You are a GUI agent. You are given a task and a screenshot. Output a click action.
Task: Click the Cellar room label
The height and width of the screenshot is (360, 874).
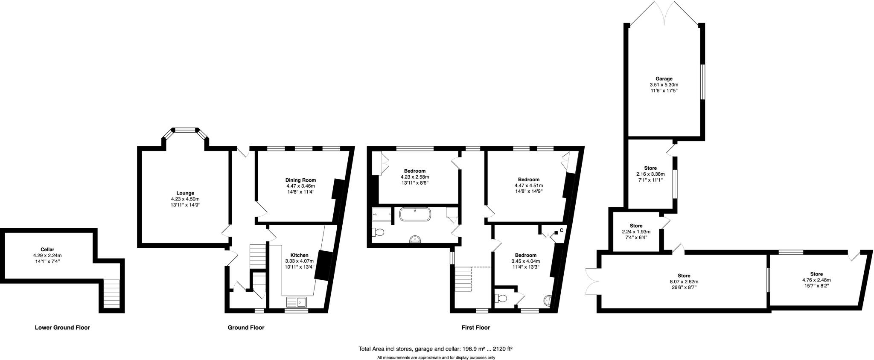click(x=47, y=249)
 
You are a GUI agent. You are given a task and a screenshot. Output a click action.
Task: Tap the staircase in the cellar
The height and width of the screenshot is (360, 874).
click(x=112, y=294)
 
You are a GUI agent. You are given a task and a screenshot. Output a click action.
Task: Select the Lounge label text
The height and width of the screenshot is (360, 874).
click(x=185, y=193)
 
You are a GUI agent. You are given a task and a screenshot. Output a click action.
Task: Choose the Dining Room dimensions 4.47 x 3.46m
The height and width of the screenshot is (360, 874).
click(x=300, y=186)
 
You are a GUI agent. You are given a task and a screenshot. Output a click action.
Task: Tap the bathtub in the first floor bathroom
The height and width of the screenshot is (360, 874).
click(x=415, y=214)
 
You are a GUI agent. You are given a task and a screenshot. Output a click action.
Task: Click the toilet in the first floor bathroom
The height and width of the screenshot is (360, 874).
click(x=378, y=232)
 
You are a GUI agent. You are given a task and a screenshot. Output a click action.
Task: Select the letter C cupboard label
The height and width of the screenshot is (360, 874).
click(x=562, y=230)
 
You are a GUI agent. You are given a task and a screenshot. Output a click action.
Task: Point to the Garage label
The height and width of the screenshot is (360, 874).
click(x=664, y=78)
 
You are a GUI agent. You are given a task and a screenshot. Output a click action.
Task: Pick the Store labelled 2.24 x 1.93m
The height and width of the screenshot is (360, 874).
click(x=636, y=232)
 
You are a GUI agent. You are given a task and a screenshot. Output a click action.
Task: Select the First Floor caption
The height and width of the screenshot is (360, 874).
click(x=475, y=328)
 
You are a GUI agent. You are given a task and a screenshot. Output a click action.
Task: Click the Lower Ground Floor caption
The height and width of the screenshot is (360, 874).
click(x=62, y=328)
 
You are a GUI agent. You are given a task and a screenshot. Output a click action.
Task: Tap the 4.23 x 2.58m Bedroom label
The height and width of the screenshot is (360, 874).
click(x=414, y=177)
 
